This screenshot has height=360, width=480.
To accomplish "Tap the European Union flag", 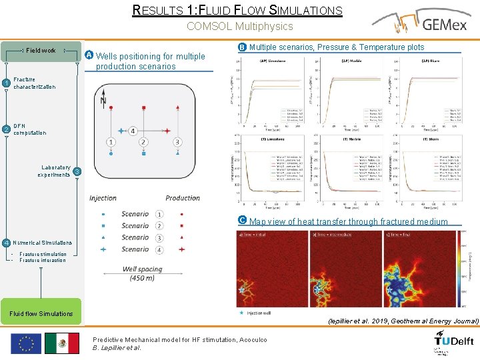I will click(26, 343).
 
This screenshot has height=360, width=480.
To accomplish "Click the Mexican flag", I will click(62, 343).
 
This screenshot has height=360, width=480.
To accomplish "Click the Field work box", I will click(41, 51).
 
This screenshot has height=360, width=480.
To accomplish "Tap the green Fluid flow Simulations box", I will click(41, 313).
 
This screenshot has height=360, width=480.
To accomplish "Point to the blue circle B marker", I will click(242, 47).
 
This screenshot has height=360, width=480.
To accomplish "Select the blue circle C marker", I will click(242, 220).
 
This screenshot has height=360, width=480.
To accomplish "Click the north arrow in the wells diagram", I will click(103, 100).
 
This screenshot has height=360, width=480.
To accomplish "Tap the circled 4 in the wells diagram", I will click(133, 131).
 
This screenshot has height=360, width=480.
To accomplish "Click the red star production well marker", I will click(167, 131).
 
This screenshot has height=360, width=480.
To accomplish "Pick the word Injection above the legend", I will click(103, 198).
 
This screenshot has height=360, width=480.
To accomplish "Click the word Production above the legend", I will click(182, 198).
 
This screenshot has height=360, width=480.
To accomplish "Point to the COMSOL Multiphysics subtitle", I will click(239, 27).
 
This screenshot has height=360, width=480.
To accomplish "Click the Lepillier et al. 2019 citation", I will click(403, 321).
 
